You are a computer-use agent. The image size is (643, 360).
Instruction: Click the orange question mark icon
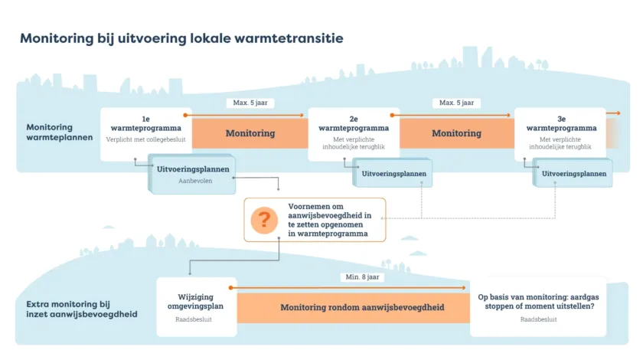(264, 221)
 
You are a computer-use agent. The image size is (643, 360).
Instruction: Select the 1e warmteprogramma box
(145, 133)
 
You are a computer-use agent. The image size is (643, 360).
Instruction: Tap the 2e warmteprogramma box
(353, 133)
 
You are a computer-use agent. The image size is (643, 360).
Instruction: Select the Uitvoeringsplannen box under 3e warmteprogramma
(574, 173)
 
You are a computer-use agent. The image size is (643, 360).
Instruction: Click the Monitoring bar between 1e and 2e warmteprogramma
(250, 133)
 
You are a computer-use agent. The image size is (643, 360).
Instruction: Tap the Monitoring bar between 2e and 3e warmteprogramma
(456, 133)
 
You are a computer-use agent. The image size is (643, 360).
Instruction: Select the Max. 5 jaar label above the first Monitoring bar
(250, 103)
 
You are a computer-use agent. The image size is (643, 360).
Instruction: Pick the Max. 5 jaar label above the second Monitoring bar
(456, 103)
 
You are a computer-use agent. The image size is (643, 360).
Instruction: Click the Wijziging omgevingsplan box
(196, 306)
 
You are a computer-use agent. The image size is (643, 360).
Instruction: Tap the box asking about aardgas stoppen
(537, 306)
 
